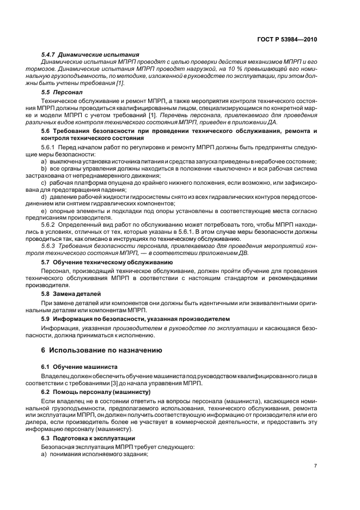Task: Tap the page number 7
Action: coord(315,466)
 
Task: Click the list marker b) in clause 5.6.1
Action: coord(44,169)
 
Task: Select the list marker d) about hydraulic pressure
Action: coord(44,196)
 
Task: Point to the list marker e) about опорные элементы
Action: coord(44,210)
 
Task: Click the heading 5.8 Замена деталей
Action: coord(71,294)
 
